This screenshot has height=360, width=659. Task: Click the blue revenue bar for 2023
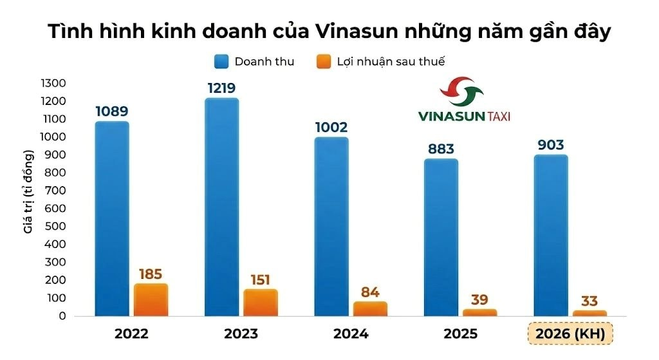222,207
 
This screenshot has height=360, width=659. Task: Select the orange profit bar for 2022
151,300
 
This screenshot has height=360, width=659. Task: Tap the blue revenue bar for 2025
441,237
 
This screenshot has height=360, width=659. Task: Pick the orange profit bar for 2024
370,308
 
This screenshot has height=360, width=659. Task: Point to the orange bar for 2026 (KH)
589,314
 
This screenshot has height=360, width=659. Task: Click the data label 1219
221,88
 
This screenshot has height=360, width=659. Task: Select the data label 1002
331,127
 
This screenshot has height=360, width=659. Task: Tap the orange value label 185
151,274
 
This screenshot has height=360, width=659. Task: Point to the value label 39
479,299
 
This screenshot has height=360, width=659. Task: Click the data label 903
551,145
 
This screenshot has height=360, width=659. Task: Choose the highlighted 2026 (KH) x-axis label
570,334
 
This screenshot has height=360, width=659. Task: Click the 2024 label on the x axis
351,334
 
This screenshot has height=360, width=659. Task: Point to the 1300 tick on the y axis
53,83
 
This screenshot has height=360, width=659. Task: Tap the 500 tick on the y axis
55,226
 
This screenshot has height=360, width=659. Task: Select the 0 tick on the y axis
62,316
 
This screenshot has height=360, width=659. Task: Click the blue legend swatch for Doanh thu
221,62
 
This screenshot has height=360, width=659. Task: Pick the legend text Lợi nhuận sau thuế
391,62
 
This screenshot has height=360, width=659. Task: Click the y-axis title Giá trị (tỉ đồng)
28,191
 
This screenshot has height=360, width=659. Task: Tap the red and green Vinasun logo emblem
461,91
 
